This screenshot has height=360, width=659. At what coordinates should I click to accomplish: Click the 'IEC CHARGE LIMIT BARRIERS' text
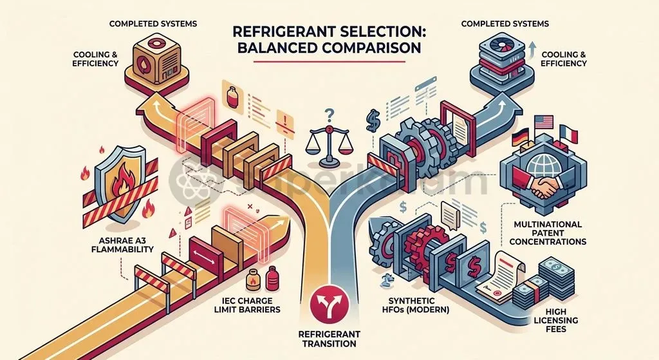(250, 305)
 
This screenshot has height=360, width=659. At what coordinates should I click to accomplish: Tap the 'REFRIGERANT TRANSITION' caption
(329, 339)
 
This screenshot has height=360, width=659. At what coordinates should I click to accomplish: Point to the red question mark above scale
(329, 114)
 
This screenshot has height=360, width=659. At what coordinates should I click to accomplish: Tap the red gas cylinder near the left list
(232, 97)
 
